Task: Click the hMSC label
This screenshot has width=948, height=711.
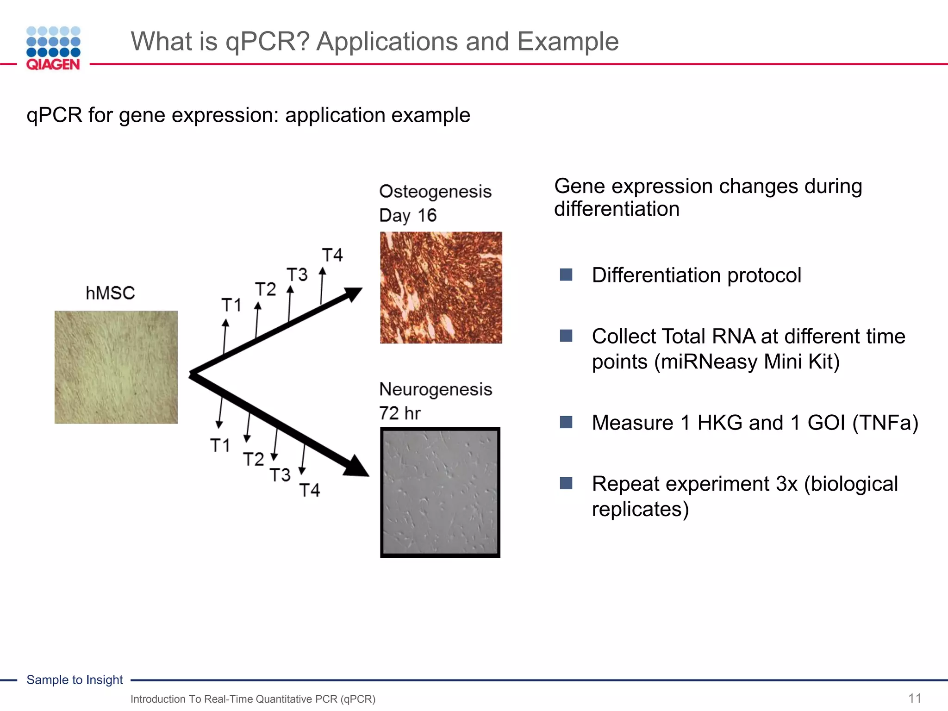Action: click(x=110, y=293)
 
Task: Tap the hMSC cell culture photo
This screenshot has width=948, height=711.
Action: click(x=116, y=367)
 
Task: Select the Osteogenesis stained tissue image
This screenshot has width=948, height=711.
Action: click(x=441, y=287)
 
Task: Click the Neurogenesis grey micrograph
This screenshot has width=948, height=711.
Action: click(x=440, y=492)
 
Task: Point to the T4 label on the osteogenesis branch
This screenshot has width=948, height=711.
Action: click(x=332, y=255)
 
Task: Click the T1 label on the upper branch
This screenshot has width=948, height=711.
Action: click(x=231, y=305)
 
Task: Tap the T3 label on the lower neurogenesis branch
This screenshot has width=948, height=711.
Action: click(x=280, y=475)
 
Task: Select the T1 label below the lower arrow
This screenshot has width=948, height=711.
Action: click(x=220, y=445)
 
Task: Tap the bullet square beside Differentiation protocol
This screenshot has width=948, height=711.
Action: click(x=566, y=275)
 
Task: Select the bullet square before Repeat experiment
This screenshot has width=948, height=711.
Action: click(x=566, y=483)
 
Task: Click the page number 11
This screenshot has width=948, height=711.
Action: click(x=914, y=698)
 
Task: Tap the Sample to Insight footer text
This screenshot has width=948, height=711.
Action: click(x=75, y=680)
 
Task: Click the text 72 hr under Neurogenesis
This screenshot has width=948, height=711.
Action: click(x=399, y=413)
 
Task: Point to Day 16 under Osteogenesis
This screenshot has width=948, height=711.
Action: click(x=407, y=215)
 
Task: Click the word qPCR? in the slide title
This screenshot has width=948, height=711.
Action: click(x=267, y=42)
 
